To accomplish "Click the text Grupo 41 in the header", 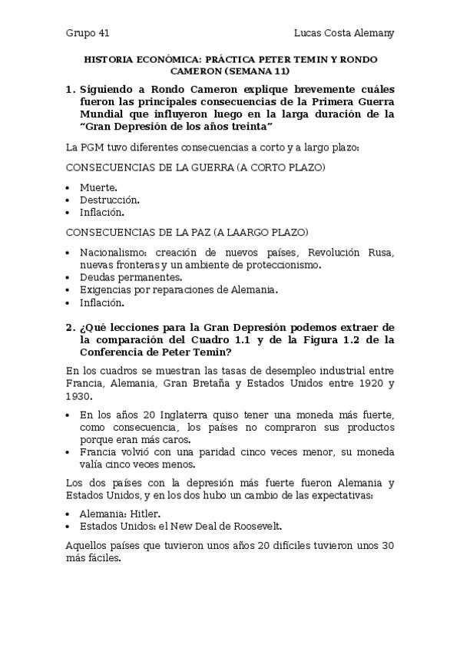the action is coord(88,33).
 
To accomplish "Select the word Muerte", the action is coord(98,187).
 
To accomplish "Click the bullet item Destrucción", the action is coord(109,200).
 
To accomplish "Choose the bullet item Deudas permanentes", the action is coord(131,277).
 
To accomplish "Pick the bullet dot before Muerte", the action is coord(69,187).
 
